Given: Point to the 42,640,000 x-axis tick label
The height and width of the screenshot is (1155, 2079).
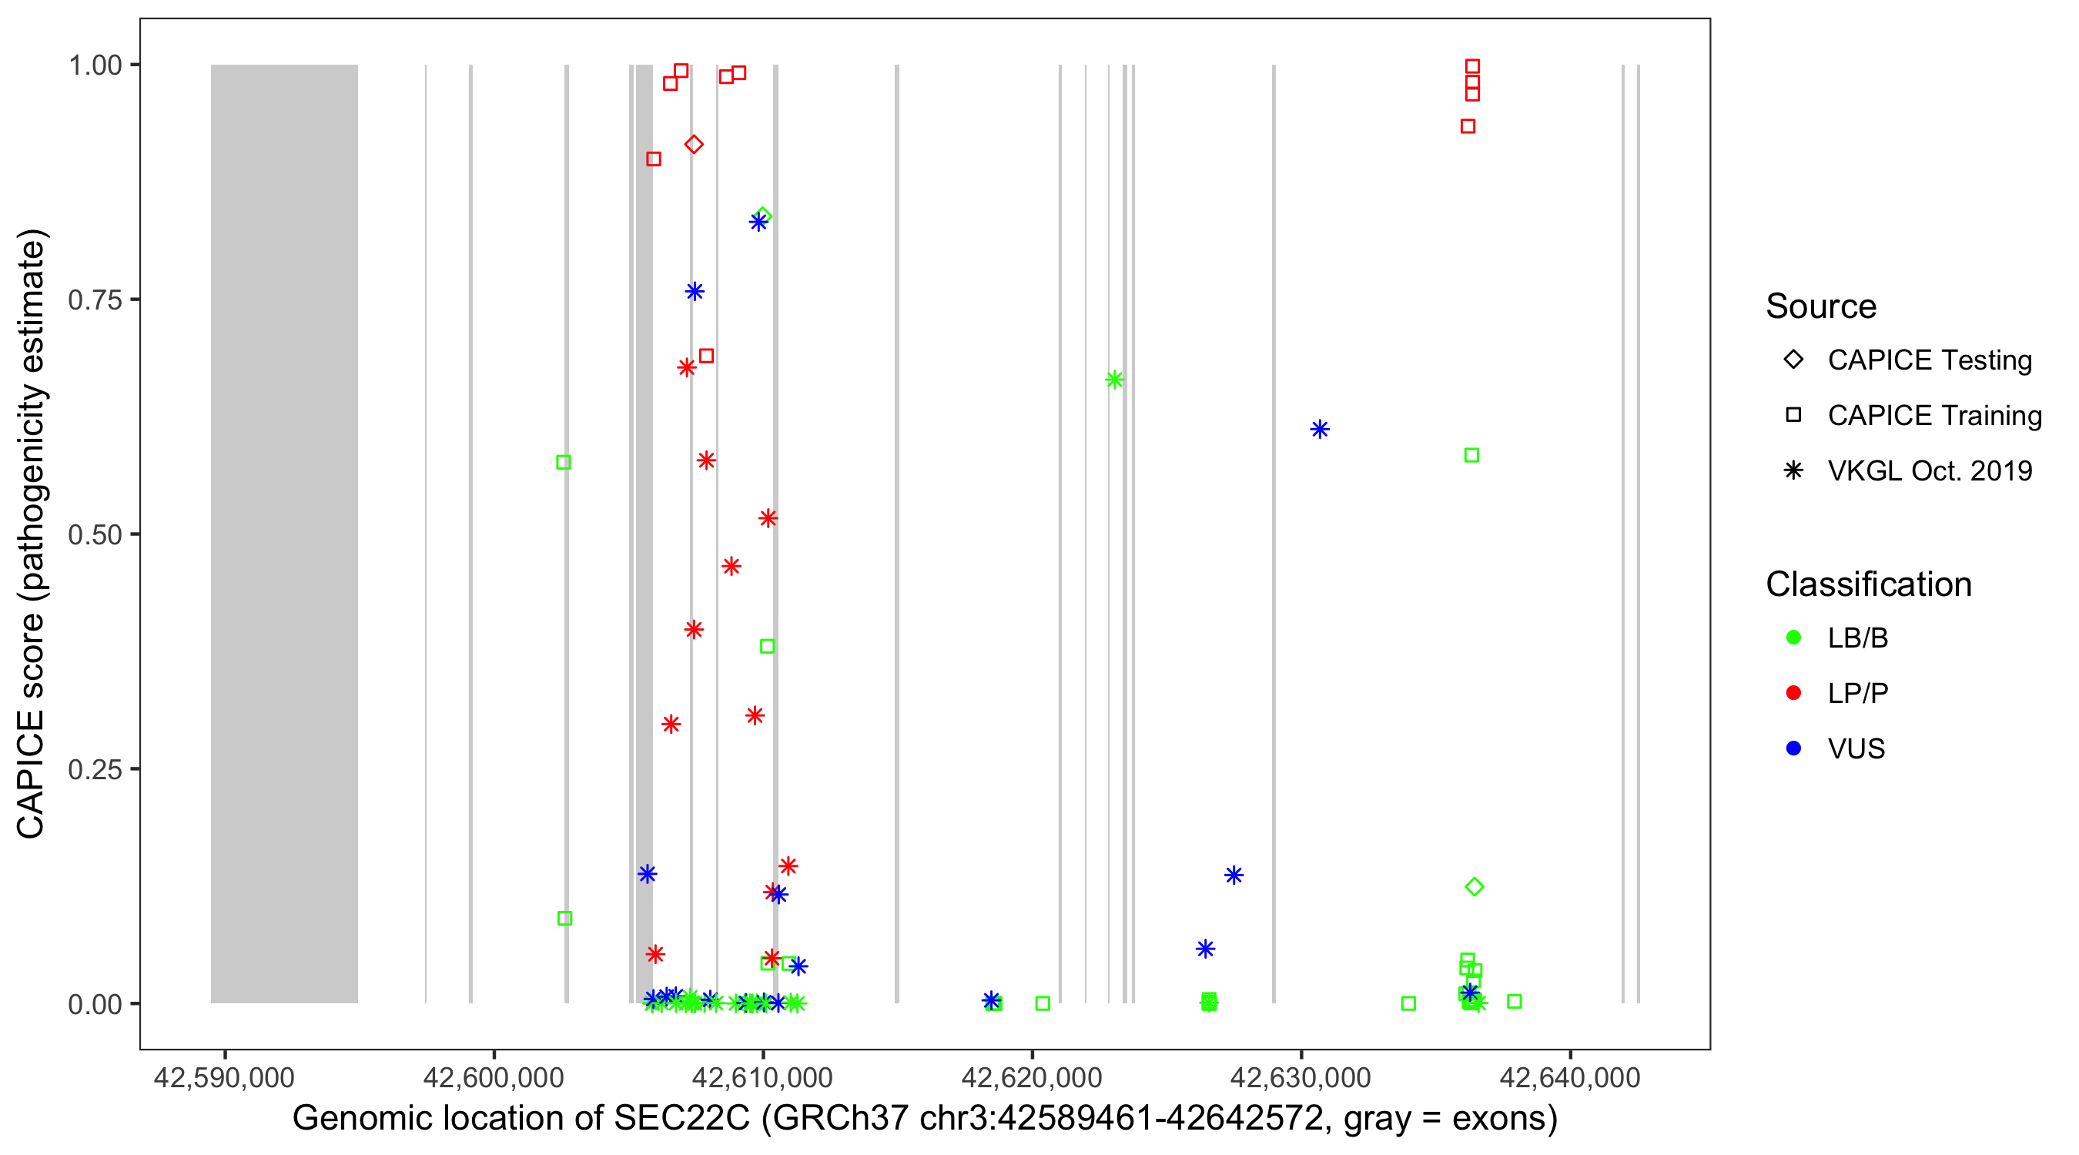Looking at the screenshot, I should [x=1570, y=1077].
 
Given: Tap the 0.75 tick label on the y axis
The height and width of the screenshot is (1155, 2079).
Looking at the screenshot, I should [x=95, y=300].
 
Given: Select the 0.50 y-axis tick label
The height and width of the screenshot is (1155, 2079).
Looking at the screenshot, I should [x=95, y=535].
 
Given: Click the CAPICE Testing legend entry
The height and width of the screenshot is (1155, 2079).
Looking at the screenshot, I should [x=1929, y=360].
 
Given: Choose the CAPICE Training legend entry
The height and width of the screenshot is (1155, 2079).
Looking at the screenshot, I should [x=1933, y=416].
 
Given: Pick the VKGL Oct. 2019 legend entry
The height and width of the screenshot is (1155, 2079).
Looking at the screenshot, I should [x=1929, y=471].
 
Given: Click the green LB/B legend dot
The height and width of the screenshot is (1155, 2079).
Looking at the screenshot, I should [x=1793, y=638].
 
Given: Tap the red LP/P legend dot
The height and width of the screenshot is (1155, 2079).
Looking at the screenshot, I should [x=1793, y=693].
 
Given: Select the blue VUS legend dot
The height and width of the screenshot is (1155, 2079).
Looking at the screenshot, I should [x=1793, y=748].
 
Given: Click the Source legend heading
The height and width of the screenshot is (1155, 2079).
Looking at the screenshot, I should [x=1820, y=306].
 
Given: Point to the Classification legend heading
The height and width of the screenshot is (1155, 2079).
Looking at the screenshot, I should [x=1867, y=584].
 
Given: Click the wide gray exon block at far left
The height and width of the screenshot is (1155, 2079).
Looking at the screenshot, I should [x=284, y=534].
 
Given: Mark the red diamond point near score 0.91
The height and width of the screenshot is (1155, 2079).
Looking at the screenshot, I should [x=693, y=145].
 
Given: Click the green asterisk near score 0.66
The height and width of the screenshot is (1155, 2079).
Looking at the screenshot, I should [x=1114, y=380].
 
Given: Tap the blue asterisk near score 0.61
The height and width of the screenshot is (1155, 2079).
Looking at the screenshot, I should [x=1320, y=430].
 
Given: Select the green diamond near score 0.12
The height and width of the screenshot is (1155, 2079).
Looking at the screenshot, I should [x=1474, y=887].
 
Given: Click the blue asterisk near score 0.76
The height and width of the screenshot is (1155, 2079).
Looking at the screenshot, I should [x=695, y=291].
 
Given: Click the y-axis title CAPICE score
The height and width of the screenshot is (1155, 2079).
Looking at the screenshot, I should [x=32, y=534].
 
